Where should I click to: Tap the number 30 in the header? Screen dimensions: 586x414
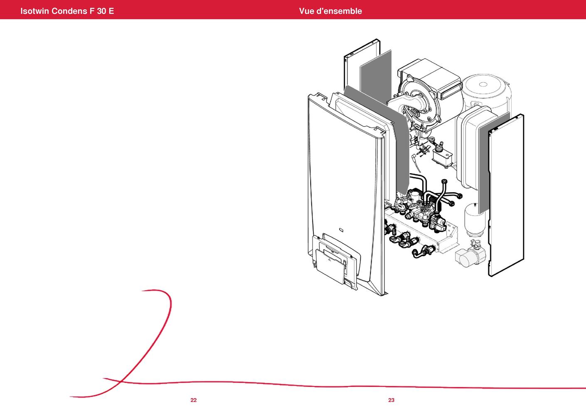coord(101,11)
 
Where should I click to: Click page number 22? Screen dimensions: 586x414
coord(194,400)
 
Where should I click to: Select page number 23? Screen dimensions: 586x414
coord(391,400)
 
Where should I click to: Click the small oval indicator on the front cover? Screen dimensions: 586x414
coord(341,230)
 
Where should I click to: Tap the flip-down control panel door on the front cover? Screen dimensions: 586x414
coord(330,267)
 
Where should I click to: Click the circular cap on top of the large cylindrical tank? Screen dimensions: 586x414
coord(483,84)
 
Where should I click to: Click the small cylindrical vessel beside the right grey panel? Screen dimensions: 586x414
coord(475,219)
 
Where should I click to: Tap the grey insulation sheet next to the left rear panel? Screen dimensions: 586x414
coord(376,76)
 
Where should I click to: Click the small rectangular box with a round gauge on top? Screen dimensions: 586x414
coord(442,156)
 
